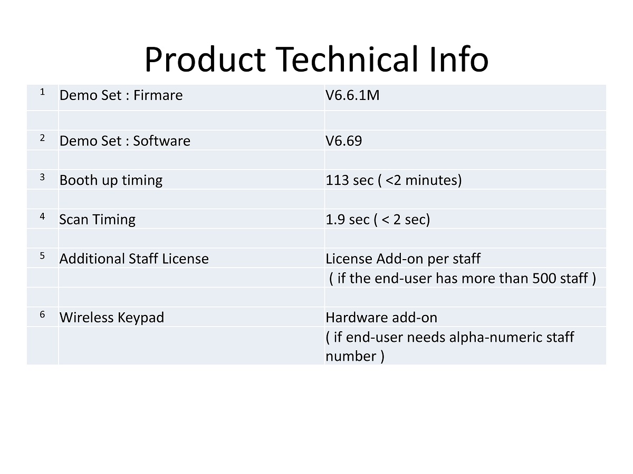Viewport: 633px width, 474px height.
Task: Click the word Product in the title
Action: (x=205, y=60)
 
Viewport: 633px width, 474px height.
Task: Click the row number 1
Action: (x=42, y=92)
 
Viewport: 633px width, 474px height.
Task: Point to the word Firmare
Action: (x=158, y=95)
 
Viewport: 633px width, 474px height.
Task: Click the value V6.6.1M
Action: (x=352, y=95)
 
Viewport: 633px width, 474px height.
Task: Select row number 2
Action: (x=42, y=138)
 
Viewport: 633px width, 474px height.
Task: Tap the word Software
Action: (x=161, y=141)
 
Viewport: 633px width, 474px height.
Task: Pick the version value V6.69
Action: (x=344, y=141)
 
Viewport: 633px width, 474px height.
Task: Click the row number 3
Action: (x=42, y=177)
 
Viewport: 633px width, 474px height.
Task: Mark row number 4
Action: (x=42, y=216)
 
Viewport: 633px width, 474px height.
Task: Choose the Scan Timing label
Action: (x=97, y=220)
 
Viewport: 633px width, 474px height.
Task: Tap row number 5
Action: (x=42, y=256)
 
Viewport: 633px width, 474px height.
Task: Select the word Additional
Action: (x=92, y=259)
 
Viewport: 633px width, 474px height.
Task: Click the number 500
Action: (x=544, y=278)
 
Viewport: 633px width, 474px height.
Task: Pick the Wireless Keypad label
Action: (x=112, y=318)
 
